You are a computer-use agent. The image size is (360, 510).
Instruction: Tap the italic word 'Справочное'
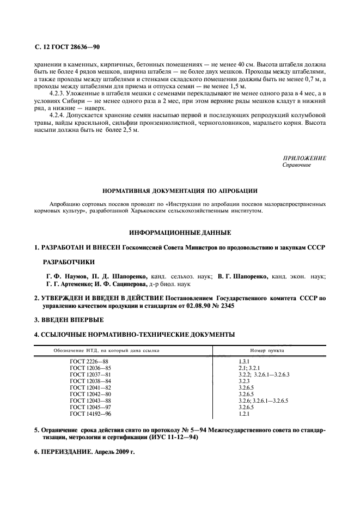click(297, 165)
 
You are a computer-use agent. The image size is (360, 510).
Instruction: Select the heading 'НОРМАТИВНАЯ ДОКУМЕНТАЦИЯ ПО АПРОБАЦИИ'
click(180, 191)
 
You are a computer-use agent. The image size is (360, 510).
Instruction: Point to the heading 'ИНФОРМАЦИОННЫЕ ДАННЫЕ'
click(180, 233)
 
